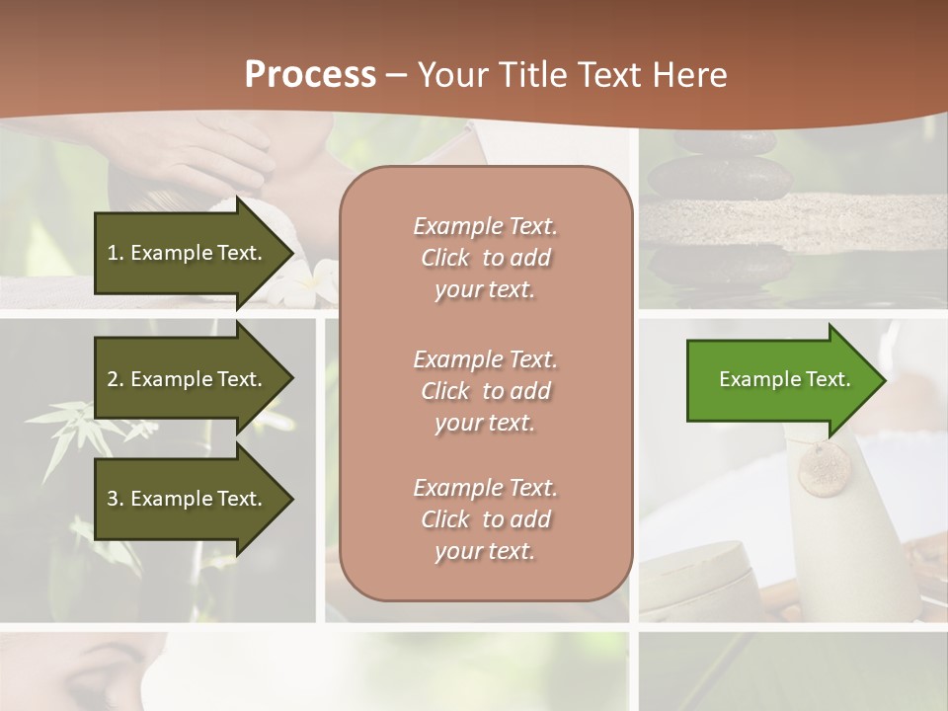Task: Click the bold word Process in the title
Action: point(310,75)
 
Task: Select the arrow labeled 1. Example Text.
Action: point(188,253)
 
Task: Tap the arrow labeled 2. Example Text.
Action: point(188,379)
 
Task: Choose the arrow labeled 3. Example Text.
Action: point(188,499)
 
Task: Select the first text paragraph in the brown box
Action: point(485,258)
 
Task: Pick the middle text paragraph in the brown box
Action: point(485,391)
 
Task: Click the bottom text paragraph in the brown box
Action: point(485,519)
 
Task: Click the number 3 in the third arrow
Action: point(113,499)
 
